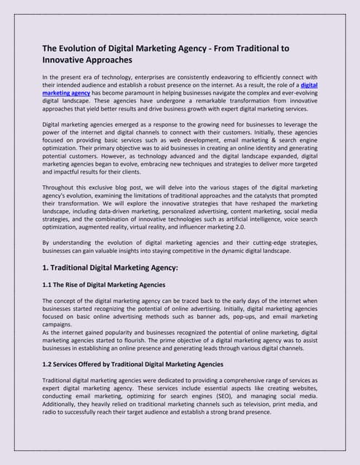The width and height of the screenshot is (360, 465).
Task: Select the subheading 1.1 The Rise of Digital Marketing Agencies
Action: tap(104, 284)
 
